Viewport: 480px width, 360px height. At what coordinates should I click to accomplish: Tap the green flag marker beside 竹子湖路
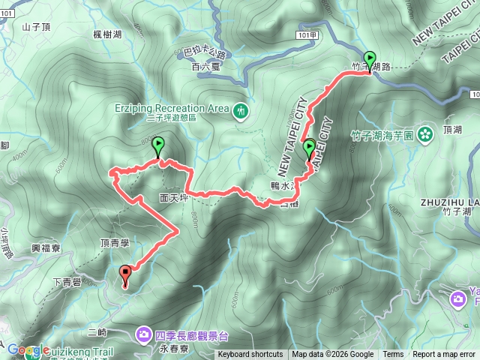tap(369, 59)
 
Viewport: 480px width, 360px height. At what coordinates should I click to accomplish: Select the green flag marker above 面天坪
tap(158, 145)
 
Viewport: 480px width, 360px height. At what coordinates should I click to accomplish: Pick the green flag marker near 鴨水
tap(309, 148)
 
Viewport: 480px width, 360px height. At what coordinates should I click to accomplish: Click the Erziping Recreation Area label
tap(172, 108)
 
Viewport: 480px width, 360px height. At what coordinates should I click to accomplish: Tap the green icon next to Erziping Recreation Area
tap(241, 110)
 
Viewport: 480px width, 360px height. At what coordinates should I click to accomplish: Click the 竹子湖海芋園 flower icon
tap(426, 135)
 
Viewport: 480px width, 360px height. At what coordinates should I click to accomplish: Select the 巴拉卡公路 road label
tap(204, 53)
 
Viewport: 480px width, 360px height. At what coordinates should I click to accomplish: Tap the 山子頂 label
tap(35, 27)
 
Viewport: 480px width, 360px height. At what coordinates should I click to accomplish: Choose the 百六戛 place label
tap(203, 67)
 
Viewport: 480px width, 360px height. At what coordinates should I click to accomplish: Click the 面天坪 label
tap(173, 199)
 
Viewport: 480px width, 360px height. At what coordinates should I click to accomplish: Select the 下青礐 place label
tap(67, 281)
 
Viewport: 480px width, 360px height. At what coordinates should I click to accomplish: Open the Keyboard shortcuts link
tap(250, 354)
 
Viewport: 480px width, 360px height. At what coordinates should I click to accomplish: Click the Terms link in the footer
tap(393, 354)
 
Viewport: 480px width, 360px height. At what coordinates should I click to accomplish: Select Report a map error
tap(444, 354)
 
